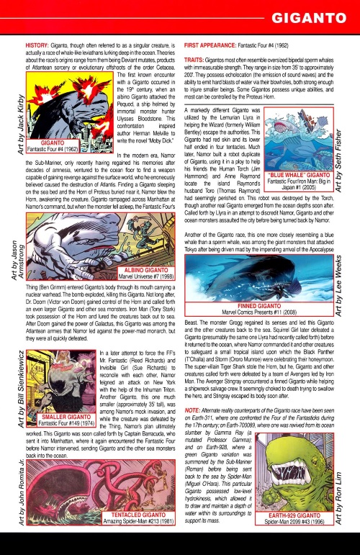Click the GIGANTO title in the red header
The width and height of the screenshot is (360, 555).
310,16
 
